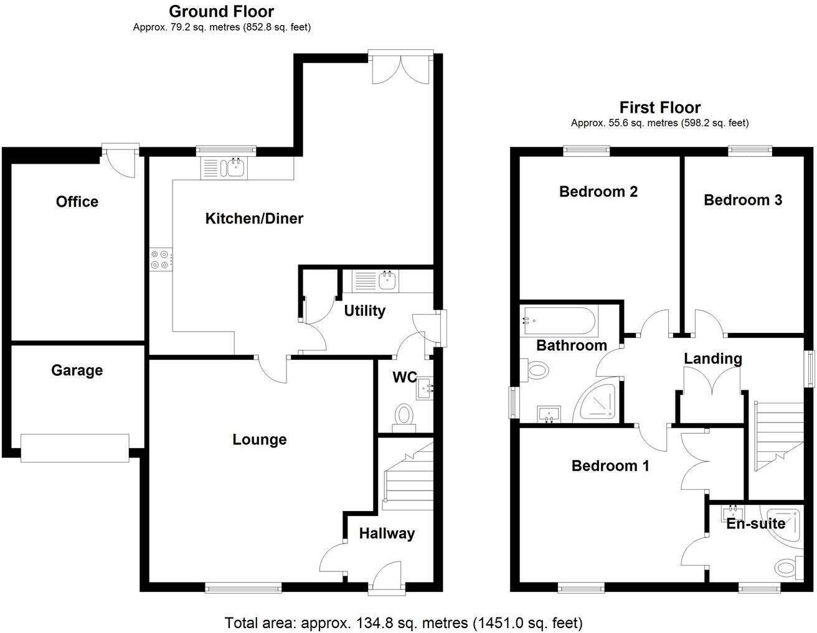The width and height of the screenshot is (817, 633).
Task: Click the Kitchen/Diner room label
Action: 254,218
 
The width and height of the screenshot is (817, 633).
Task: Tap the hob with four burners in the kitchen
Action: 160,260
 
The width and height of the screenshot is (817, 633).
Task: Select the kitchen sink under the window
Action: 235,167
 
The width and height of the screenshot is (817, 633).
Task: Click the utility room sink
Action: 387,281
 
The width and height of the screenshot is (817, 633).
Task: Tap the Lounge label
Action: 259,439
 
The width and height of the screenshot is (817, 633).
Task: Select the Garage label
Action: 77,370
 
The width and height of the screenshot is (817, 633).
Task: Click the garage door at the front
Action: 75,448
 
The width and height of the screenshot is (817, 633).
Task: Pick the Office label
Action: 77,202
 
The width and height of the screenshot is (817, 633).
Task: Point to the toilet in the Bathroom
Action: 536,370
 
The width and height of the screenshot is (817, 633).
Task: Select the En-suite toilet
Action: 786,568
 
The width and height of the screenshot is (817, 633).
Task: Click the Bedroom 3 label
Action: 743,200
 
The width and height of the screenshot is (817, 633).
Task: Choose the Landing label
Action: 713,359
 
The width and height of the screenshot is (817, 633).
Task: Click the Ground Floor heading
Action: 221,11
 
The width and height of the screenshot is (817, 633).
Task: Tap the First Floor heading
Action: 660,107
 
